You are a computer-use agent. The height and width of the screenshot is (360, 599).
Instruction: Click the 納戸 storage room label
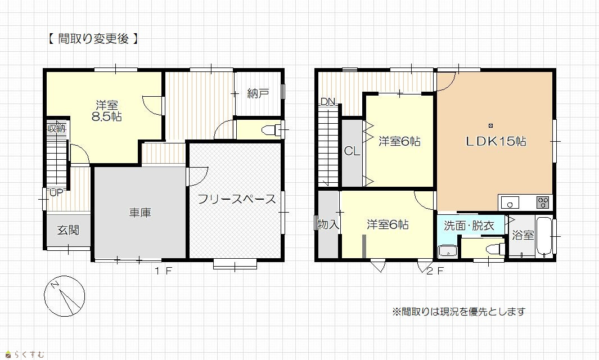[x=258, y=93]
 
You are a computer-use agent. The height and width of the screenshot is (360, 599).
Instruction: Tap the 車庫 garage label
[x=140, y=213]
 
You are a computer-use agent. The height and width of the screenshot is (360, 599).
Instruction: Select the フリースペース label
[x=236, y=199]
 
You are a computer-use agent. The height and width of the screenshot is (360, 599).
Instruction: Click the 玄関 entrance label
[x=68, y=230]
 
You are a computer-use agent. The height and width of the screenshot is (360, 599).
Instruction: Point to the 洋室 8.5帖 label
[x=106, y=110]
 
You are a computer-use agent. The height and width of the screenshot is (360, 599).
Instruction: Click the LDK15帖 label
[x=496, y=141]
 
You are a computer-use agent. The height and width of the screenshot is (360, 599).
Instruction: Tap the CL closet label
[x=352, y=151]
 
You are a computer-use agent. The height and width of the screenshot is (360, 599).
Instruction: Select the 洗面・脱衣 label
[x=469, y=226]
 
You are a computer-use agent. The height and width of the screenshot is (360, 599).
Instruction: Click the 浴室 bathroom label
[x=523, y=235]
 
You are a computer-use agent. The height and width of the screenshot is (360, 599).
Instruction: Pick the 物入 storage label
[x=328, y=224]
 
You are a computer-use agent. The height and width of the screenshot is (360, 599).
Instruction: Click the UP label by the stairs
[x=56, y=192]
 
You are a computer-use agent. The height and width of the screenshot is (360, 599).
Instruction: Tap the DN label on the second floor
[x=328, y=102]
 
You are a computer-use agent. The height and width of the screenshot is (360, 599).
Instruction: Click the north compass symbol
[x=64, y=296]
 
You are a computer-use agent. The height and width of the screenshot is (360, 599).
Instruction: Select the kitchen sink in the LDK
[x=510, y=202]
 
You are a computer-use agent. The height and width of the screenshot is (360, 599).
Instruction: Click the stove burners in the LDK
[x=542, y=202]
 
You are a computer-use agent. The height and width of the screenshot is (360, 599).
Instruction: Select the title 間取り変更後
[x=93, y=39]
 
